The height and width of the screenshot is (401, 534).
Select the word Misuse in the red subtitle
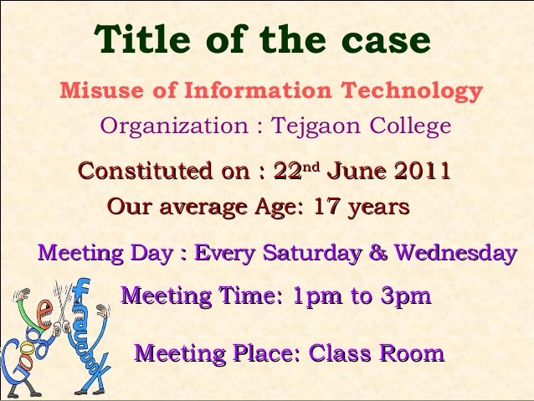tap(100, 90)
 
